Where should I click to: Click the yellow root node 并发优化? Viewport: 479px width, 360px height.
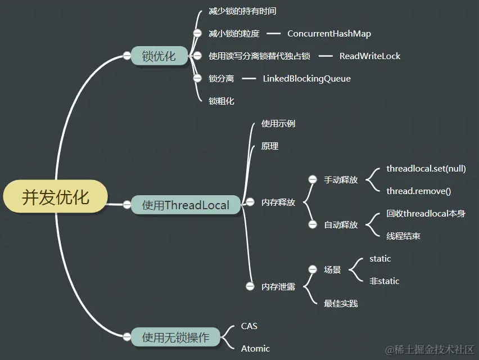coord(55,197)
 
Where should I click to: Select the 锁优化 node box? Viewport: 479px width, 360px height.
coord(159,56)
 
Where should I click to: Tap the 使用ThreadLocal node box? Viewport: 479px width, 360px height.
coord(186,205)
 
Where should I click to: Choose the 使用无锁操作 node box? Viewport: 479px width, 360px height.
coord(175,337)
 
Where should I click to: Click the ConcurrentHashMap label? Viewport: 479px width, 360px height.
coord(329,34)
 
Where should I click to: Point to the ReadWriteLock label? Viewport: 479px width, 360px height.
coord(370,56)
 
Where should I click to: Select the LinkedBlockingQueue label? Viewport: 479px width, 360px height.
coord(306,79)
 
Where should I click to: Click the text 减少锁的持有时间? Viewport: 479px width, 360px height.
coord(242,11)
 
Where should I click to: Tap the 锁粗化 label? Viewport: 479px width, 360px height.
coord(222,101)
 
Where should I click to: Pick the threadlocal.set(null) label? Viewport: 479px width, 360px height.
coord(426,169)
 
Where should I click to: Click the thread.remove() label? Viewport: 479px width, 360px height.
coord(418,191)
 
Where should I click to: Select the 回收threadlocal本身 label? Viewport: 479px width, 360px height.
coord(426,214)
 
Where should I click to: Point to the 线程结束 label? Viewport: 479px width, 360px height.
coord(403,236)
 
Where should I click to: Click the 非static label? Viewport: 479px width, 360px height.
coord(384,281)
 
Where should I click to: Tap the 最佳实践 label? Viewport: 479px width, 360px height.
coord(341,304)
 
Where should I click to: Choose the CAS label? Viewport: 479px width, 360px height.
coord(249,326)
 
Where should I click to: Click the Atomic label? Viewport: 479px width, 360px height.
coord(255,349)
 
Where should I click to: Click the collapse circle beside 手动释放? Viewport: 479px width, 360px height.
coord(313,179)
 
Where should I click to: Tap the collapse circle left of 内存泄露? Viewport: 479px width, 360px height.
coord(250,286)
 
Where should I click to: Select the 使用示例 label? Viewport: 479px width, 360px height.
coord(278,124)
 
